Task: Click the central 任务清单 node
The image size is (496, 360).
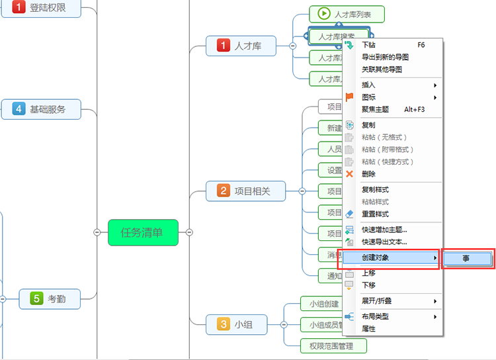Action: tap(143, 232)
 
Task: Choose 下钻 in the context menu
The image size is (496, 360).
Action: tap(369, 45)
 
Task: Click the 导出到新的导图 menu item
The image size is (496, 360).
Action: tap(385, 57)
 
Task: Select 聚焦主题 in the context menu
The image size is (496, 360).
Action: tap(375, 109)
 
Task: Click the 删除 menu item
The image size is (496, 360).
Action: tap(368, 174)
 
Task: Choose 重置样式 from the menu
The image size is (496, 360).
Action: tap(375, 214)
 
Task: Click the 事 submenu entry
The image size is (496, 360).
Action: tap(467, 258)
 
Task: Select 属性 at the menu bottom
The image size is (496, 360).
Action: tap(368, 328)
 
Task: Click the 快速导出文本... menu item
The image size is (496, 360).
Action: tap(384, 242)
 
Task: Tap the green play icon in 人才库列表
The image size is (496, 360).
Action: tap(323, 13)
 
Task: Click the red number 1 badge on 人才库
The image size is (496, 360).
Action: tap(223, 46)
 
